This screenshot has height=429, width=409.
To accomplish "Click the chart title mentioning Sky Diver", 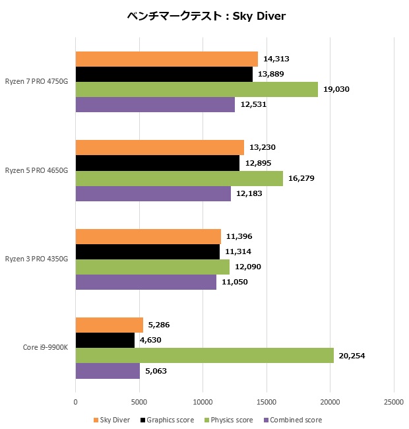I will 205,16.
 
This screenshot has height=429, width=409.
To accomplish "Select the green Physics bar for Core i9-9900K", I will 204,356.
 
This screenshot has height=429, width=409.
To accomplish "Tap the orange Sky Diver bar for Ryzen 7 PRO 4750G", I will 166,59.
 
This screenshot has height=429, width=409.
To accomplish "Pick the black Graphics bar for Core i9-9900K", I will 105,341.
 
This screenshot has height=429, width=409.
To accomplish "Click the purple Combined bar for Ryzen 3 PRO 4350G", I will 146,282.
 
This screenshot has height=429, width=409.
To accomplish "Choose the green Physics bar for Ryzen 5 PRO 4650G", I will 179,178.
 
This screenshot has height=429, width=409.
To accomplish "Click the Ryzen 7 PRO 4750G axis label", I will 38,82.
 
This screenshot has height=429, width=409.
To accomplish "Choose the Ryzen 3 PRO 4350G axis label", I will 38,259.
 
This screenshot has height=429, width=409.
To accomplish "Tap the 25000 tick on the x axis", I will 393,401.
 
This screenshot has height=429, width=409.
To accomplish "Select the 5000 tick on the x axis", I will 139,401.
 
